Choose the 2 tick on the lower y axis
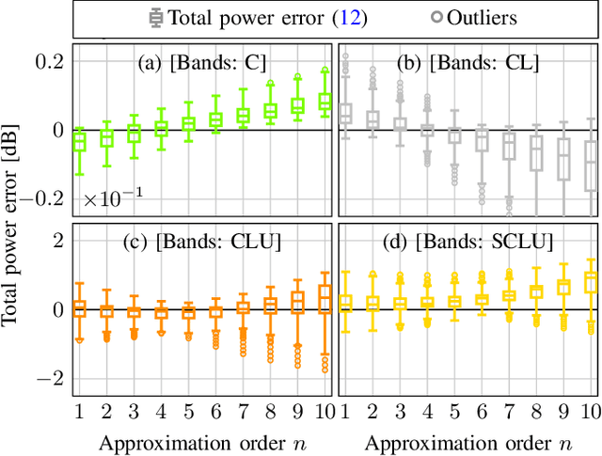click(x=57, y=241)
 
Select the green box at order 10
click(x=325, y=101)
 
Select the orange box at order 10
click(x=325, y=298)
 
